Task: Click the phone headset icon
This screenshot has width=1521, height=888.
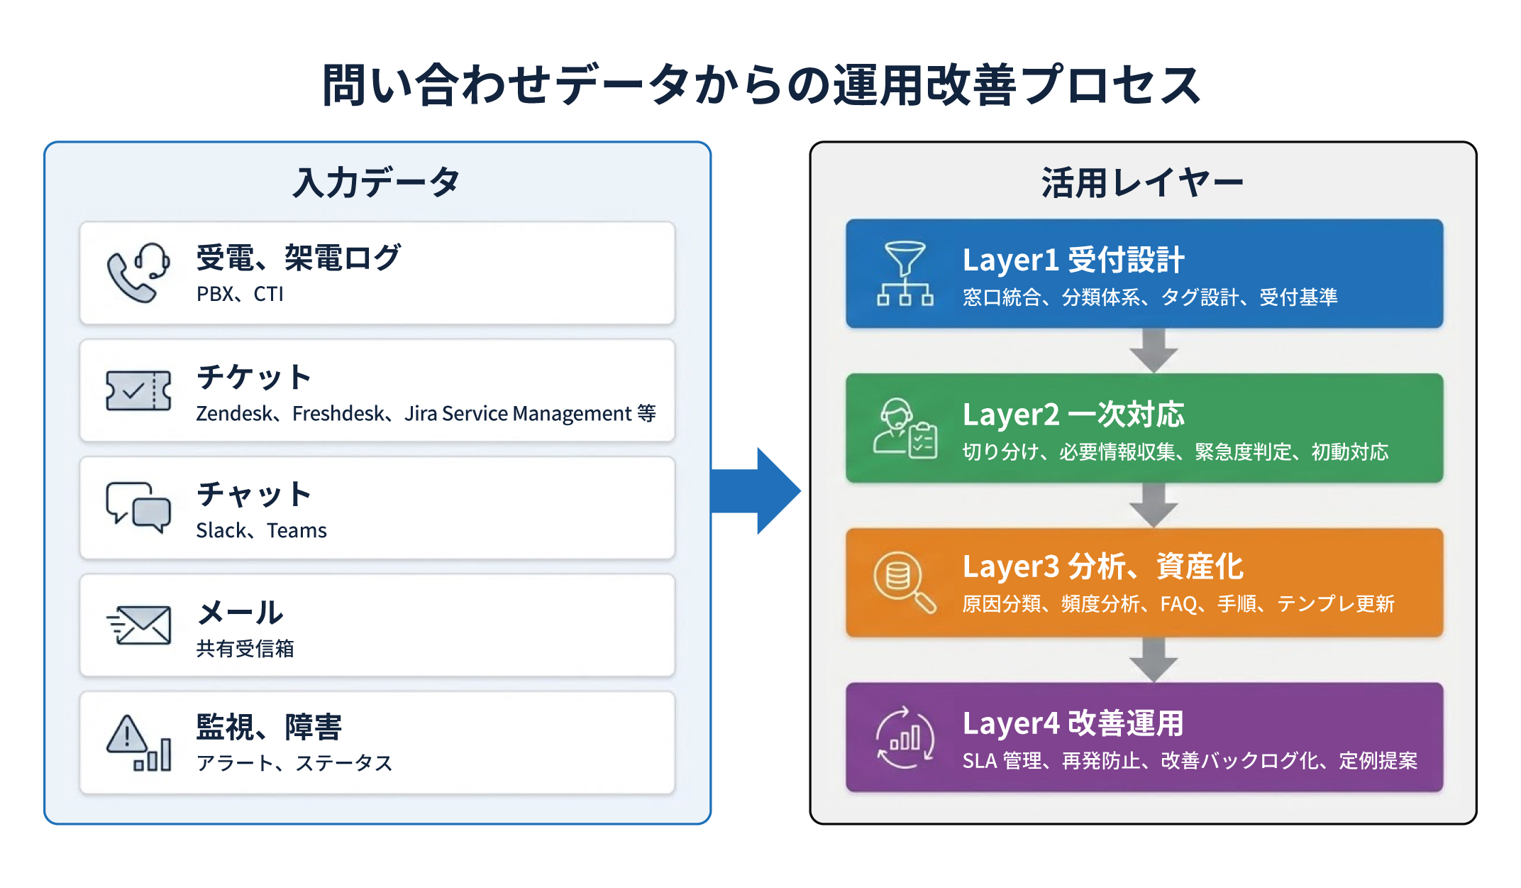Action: click(x=138, y=273)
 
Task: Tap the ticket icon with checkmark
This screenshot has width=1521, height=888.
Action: click(x=138, y=390)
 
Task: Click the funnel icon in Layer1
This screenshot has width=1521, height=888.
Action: click(x=905, y=273)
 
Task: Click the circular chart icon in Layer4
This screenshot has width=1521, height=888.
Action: click(x=905, y=738)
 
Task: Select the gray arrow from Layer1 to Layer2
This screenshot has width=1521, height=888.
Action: click(x=1154, y=351)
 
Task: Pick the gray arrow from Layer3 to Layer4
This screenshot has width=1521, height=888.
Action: click(x=1154, y=660)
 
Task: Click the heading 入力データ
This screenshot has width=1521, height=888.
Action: click(x=377, y=182)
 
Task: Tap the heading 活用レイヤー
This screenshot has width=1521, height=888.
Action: click(x=1142, y=182)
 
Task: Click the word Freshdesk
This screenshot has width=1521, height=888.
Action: click(x=338, y=413)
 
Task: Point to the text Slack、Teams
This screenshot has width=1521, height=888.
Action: click(x=261, y=530)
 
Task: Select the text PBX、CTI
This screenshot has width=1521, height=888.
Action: click(x=240, y=294)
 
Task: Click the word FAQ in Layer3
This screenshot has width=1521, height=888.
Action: click(x=1178, y=604)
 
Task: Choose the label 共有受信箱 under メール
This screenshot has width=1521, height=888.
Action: click(x=245, y=648)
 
